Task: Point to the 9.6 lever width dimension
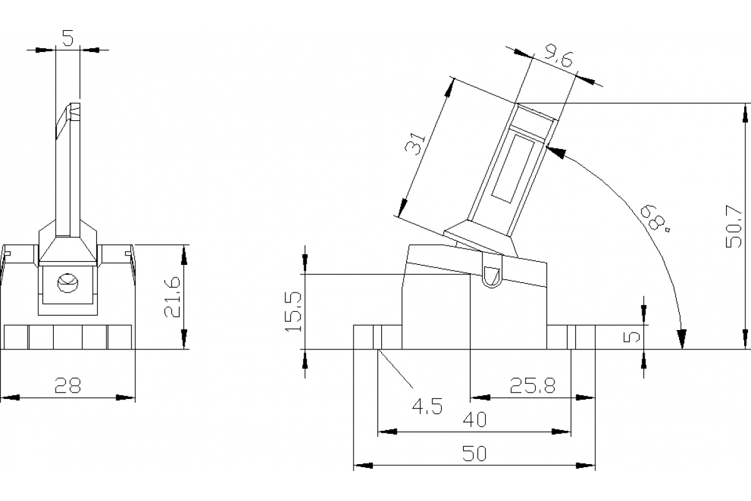coord(559,61)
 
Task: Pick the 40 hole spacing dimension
coord(474,420)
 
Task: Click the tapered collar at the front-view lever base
coord(68,248)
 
